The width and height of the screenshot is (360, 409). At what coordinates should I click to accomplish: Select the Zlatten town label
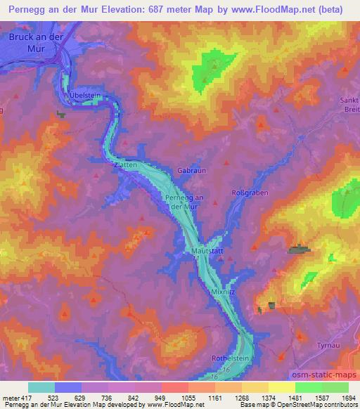[124, 164]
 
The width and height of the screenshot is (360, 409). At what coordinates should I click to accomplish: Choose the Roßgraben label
[250, 193]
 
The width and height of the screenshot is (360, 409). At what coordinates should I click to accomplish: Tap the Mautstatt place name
[207, 250]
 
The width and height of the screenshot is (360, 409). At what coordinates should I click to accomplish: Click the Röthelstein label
[230, 358]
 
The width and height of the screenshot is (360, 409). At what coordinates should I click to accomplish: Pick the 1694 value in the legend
[349, 397]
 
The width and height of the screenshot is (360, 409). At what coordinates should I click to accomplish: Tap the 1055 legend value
[188, 397]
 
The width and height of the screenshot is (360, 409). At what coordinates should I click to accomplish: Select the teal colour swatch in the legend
[41, 387]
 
